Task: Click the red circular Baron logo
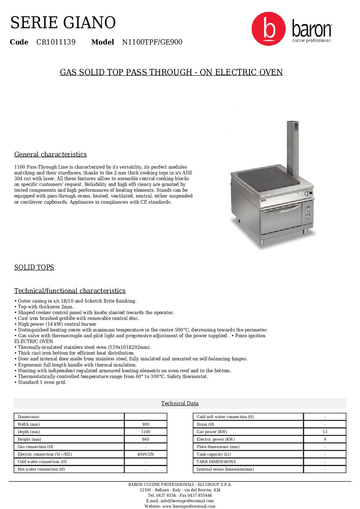pyautogui.click(x=268, y=29)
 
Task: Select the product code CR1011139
pyautogui.click(x=56, y=42)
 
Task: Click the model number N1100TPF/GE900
pyautogui.click(x=152, y=42)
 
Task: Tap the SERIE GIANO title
pyautogui.click(x=63, y=23)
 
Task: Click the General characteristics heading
pyautogui.click(x=50, y=154)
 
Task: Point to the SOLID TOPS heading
pyautogui.click(x=34, y=267)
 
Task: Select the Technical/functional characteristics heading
pyautogui.click(x=70, y=291)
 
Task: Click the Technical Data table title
pyautogui.click(x=180, y=403)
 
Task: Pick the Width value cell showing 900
pyautogui.click(x=146, y=424)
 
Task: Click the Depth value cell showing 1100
pyautogui.click(x=146, y=432)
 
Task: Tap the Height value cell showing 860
pyautogui.click(x=146, y=439)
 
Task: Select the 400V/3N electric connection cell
pyautogui.click(x=146, y=454)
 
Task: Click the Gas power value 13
pyautogui.click(x=325, y=432)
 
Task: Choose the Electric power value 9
pyautogui.click(x=325, y=439)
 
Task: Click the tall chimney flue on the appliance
pyautogui.click(x=293, y=146)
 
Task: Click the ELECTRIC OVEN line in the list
pyautogui.click(x=34, y=341)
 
